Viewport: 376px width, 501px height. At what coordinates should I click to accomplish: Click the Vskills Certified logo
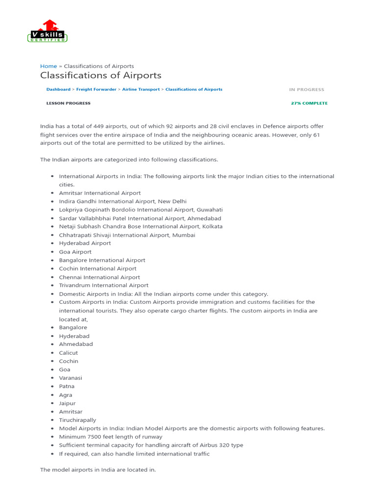pos(47,32)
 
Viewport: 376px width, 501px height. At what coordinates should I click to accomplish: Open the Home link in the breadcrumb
pos(48,66)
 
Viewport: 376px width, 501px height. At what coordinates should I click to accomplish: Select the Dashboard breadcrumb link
pos(58,90)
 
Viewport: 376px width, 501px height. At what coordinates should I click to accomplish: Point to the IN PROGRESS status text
pos(306,90)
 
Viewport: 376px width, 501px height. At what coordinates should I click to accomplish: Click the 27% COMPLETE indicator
pos(309,103)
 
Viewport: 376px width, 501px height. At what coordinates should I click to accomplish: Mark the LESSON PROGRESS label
pos(69,103)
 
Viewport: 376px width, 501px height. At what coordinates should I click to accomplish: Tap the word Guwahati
pos(210,210)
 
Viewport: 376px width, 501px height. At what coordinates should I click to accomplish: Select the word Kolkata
pos(211,227)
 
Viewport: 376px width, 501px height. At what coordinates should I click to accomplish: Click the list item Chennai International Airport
pos(99,277)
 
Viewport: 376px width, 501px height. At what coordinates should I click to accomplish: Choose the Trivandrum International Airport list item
pos(104,285)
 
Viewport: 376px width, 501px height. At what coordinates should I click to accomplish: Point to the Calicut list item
pos(69,353)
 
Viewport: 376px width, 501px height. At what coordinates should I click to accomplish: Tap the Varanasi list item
pos(70,378)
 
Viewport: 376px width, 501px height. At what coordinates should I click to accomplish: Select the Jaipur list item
pos(68,404)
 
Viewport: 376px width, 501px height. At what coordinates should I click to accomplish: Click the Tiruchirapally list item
pos(78,420)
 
